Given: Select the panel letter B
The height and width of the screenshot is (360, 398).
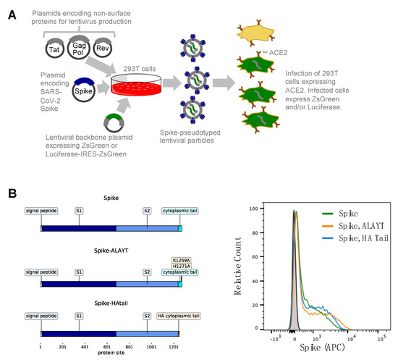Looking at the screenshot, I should (12, 195).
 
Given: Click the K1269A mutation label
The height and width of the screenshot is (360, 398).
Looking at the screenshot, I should (182, 259).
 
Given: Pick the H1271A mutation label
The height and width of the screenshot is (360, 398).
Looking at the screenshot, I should (182, 265).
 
